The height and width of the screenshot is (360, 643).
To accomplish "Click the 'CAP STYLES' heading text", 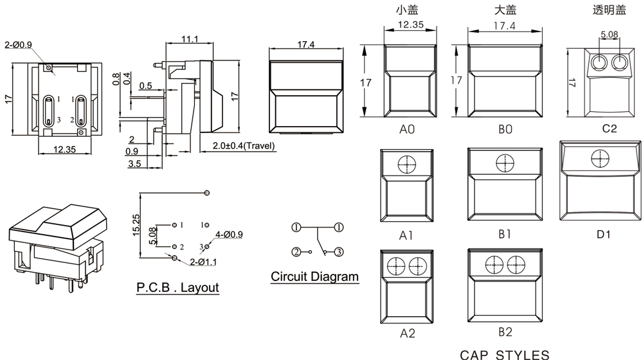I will (505, 354).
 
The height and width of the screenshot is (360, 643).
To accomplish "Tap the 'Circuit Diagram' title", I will (314, 277).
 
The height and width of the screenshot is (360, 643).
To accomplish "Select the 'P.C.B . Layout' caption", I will (177, 287).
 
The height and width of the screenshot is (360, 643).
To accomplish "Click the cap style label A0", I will (407, 129).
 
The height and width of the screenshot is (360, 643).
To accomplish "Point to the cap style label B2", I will (505, 332).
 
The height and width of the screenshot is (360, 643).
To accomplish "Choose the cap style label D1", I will (603, 234).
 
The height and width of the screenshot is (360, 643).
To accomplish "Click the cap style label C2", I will (609, 129).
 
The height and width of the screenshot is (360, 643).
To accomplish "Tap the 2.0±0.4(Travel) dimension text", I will (244, 146).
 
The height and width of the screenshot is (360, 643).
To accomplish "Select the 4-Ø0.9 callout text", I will (229, 235).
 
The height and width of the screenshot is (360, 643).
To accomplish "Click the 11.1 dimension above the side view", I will (189, 39).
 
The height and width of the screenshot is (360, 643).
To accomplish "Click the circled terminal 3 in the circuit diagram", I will (338, 251).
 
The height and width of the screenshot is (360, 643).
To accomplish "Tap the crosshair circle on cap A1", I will (406, 165).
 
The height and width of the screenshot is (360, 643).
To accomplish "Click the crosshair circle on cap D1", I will (600, 157).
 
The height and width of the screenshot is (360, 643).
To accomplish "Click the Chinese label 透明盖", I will (608, 10).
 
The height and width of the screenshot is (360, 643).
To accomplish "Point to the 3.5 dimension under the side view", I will (134, 165).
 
